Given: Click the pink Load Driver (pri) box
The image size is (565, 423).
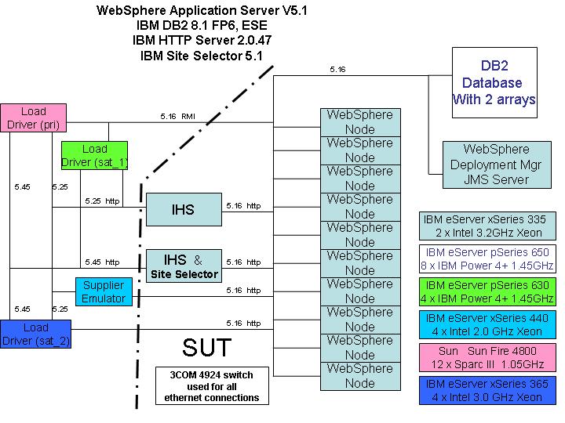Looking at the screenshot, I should click(33, 117).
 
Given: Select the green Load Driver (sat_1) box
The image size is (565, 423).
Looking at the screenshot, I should click(95, 155).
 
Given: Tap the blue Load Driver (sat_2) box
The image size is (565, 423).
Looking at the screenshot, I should click(35, 334).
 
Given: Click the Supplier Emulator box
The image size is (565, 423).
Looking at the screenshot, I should click(104, 291).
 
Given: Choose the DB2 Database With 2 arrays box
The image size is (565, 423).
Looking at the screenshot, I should click(494, 83).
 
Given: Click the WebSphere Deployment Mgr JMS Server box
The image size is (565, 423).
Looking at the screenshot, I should click(496, 164).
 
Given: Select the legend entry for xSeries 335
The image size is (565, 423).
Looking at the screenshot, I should click(489, 226).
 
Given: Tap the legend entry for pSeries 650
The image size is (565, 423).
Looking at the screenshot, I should click(489, 258).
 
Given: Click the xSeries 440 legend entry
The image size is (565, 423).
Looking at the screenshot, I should click(489, 324).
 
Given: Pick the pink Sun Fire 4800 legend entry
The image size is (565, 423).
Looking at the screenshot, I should click(489, 357).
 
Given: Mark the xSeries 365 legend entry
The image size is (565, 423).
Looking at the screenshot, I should click(489, 390).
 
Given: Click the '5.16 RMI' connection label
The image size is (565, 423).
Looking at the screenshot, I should click(177, 117).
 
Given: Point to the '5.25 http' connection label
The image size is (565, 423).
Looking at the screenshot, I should click(102, 201).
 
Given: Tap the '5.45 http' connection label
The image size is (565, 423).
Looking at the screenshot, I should click(102, 262).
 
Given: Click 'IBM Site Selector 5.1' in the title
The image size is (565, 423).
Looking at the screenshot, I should click(201, 56).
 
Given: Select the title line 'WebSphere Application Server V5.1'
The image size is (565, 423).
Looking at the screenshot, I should click(201, 11).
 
